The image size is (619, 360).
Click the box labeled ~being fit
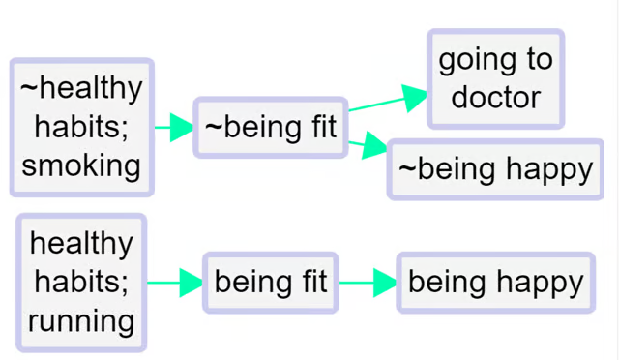271,127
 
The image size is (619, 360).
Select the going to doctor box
495,78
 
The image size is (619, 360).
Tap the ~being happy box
495,169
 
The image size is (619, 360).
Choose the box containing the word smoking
81,127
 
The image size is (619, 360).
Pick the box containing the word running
81,282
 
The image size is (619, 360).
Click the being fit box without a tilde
271,283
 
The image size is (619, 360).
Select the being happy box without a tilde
495,283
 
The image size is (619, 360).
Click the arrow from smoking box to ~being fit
174,127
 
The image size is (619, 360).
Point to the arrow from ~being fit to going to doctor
387,101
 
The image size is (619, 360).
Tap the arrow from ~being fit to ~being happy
368,146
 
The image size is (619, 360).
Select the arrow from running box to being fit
175,283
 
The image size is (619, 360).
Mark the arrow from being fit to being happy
368,283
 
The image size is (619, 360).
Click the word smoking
81,165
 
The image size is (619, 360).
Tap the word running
81,319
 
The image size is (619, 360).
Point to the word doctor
495,97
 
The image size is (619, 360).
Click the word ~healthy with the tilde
81,88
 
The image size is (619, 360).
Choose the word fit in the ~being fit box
314,127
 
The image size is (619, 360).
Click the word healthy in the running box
81,243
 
